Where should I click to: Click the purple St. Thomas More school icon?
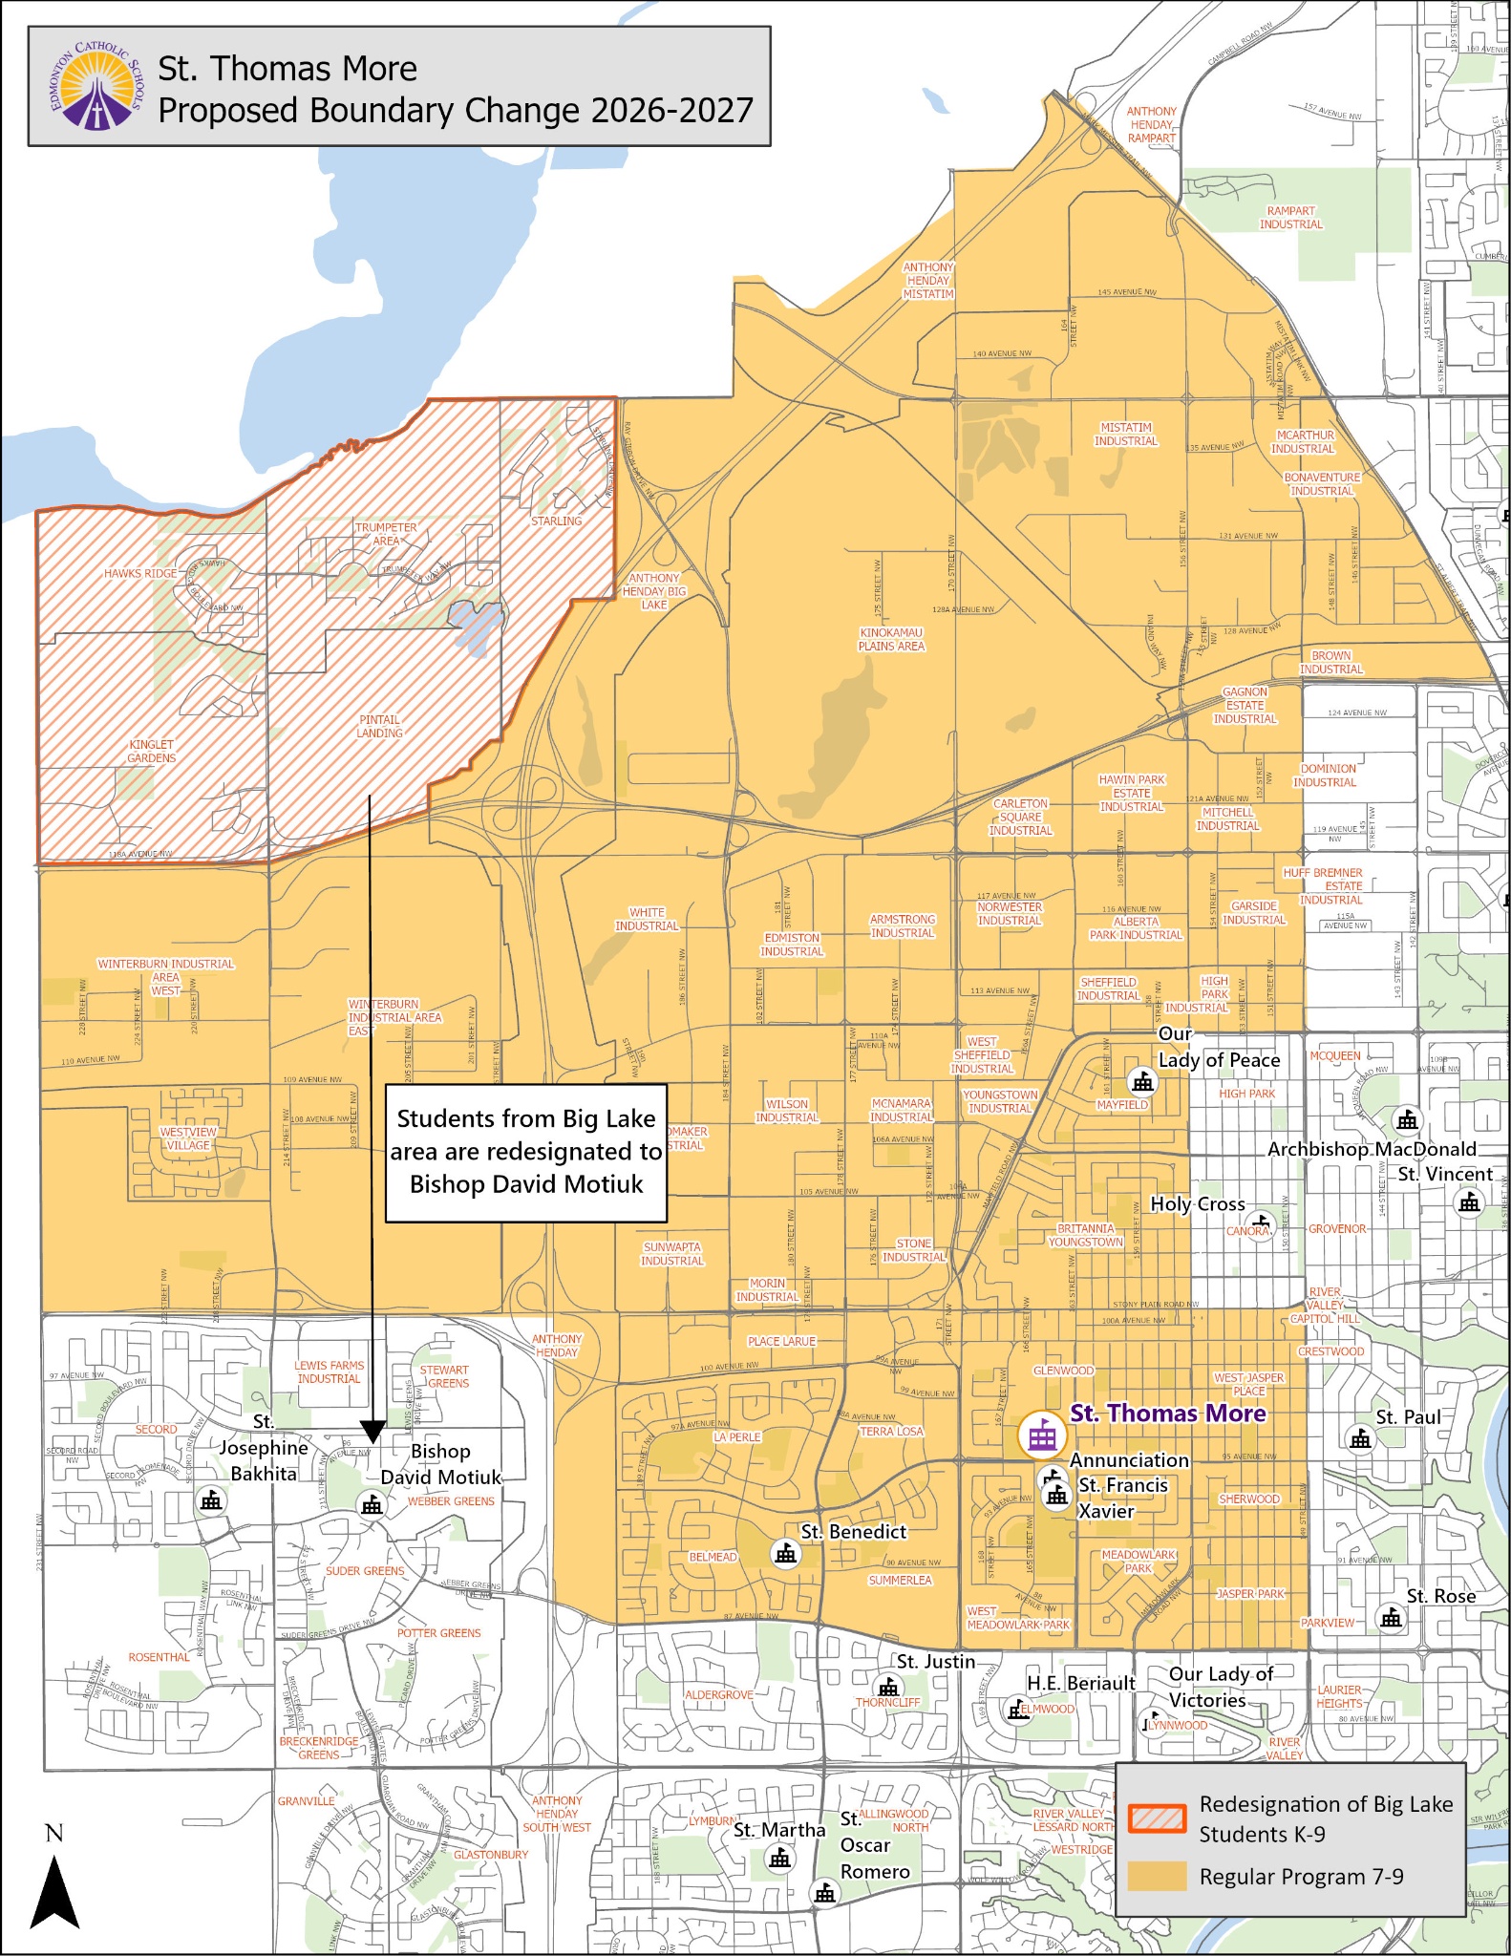pyautogui.click(x=1041, y=1435)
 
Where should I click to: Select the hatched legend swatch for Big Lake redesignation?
pyautogui.click(x=1157, y=1818)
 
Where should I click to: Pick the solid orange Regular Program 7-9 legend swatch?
pyautogui.click(x=1157, y=1875)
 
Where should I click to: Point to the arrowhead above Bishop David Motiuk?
pyautogui.click(x=372, y=1431)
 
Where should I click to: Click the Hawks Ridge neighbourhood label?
pyautogui.click(x=140, y=574)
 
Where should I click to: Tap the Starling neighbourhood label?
pyautogui.click(x=556, y=521)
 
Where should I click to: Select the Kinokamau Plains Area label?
pyautogui.click(x=891, y=639)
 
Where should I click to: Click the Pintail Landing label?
pyautogui.click(x=379, y=727)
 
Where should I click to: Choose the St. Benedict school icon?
pyautogui.click(x=786, y=1554)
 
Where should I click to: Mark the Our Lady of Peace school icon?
pyautogui.click(x=1142, y=1082)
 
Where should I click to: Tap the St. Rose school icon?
pyautogui.click(x=1391, y=1618)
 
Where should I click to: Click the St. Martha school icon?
pyautogui.click(x=780, y=1859)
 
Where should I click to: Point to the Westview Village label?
pyautogui.click(x=188, y=1138)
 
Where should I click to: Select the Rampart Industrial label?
pyautogui.click(x=1290, y=218)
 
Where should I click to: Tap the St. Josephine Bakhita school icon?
pyautogui.click(x=211, y=1500)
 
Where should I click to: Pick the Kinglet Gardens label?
pyautogui.click(x=152, y=752)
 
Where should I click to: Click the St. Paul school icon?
pyautogui.click(x=1360, y=1438)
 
